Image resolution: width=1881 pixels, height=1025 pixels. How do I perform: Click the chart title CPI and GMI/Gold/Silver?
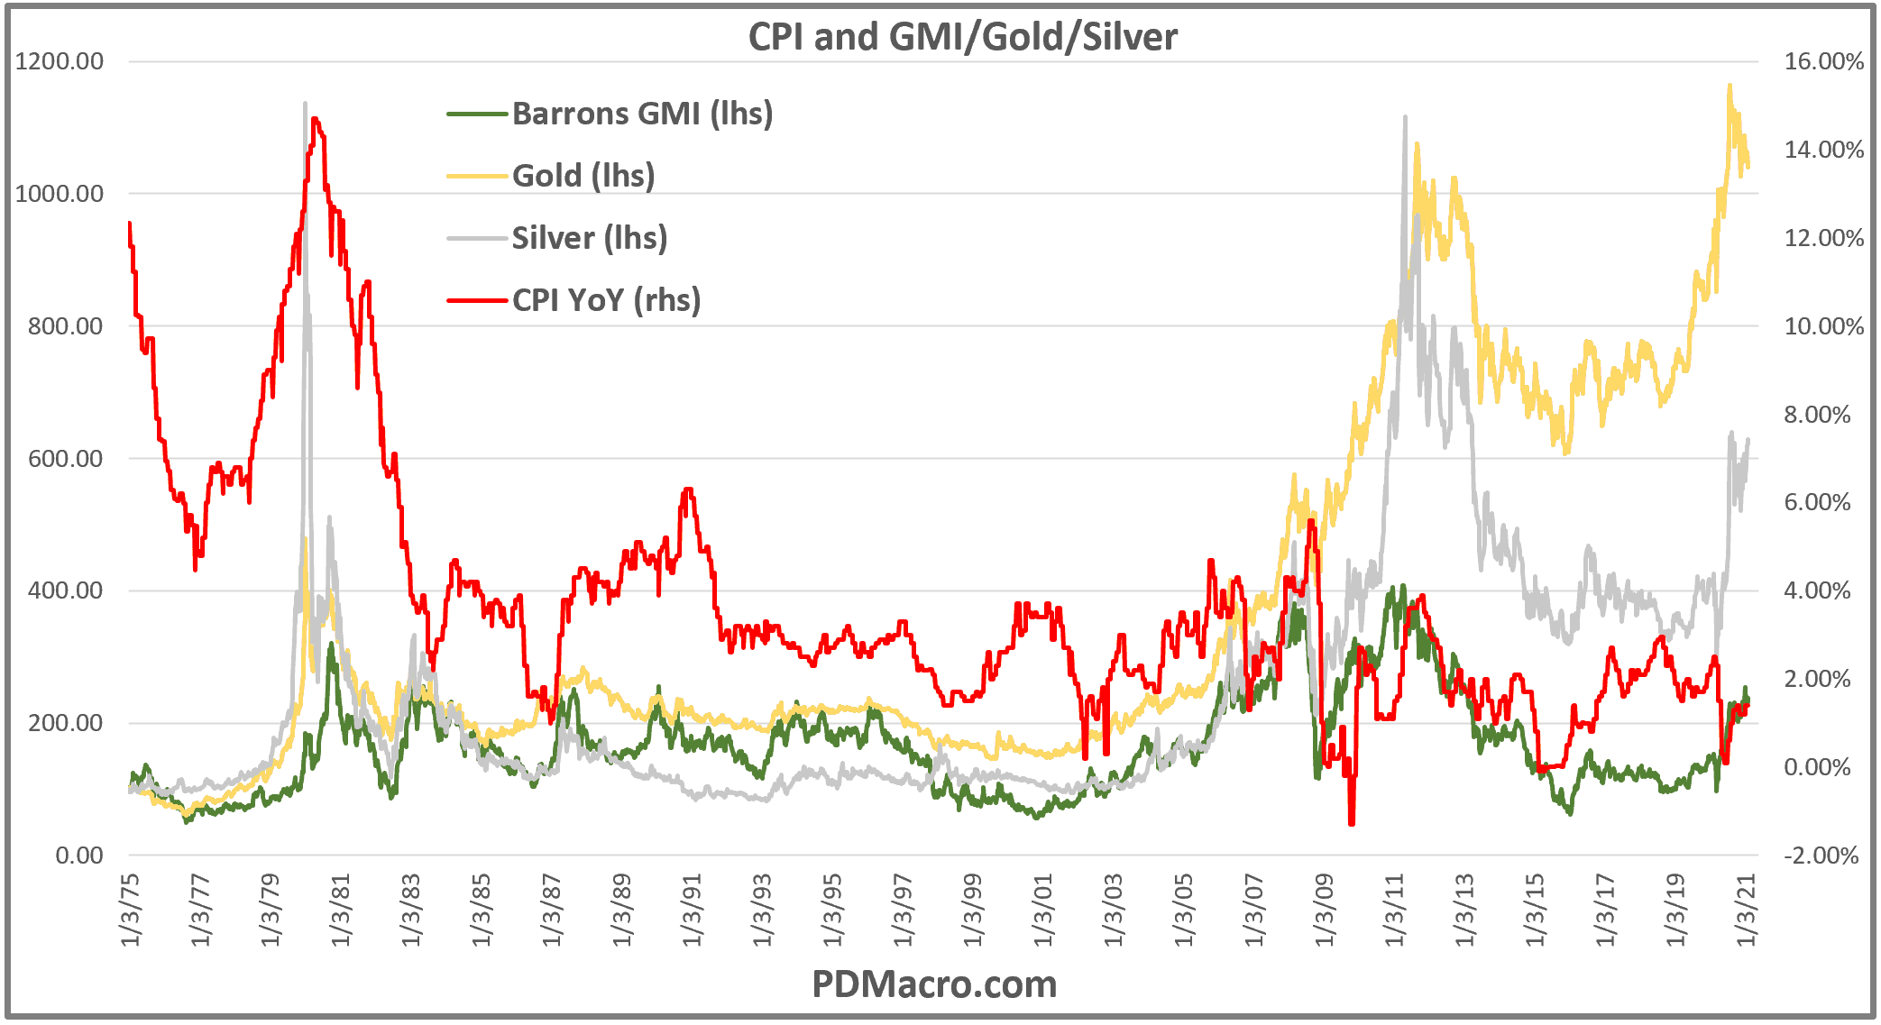tap(962, 37)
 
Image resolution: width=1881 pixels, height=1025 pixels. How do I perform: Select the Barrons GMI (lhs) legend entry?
tap(642, 114)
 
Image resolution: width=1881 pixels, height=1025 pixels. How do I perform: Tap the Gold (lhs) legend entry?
tap(583, 176)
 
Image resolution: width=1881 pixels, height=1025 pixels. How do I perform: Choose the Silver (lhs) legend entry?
tap(589, 238)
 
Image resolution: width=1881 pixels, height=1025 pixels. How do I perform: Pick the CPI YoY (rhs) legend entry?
tap(606, 300)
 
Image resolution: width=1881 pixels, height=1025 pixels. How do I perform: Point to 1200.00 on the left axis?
tap(60, 61)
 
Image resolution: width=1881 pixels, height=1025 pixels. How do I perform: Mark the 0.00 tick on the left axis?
tap(79, 856)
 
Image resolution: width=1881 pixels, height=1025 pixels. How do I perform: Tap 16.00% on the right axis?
tap(1823, 61)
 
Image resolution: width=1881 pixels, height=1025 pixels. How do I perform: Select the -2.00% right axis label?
tap(1821, 856)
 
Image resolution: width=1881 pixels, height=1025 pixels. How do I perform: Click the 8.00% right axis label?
tap(1817, 415)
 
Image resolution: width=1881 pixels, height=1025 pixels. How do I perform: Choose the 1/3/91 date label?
tap(692, 911)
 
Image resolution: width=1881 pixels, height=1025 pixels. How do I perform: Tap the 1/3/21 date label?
tap(1747, 911)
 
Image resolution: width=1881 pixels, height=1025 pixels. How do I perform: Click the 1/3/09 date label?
tap(1324, 911)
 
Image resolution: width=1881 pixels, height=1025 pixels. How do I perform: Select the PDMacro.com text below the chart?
tap(934, 984)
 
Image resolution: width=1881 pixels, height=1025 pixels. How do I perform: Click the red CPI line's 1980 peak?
tap(314, 118)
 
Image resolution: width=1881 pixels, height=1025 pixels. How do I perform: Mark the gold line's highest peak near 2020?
tap(1729, 85)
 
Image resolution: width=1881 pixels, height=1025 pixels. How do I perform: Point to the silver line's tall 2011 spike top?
tap(1405, 116)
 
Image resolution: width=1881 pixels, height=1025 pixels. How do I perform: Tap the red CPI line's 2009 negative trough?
tap(1351, 823)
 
